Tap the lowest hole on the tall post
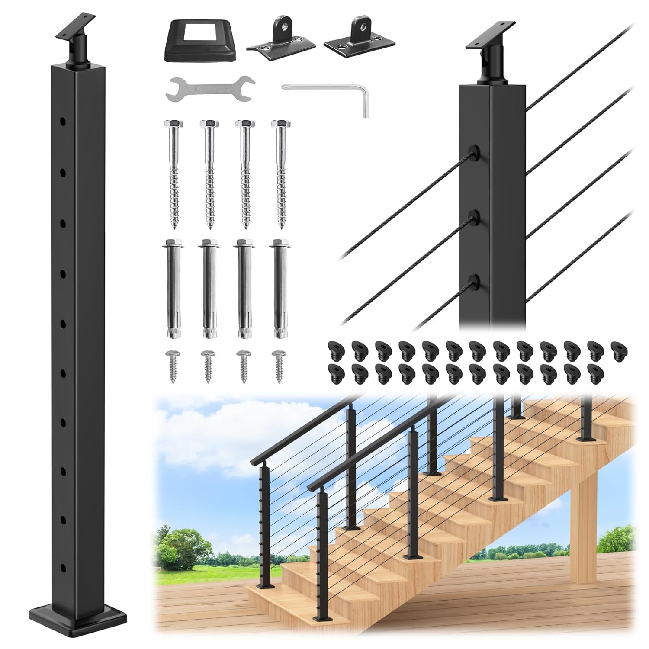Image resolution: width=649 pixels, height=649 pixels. point(63,567)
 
